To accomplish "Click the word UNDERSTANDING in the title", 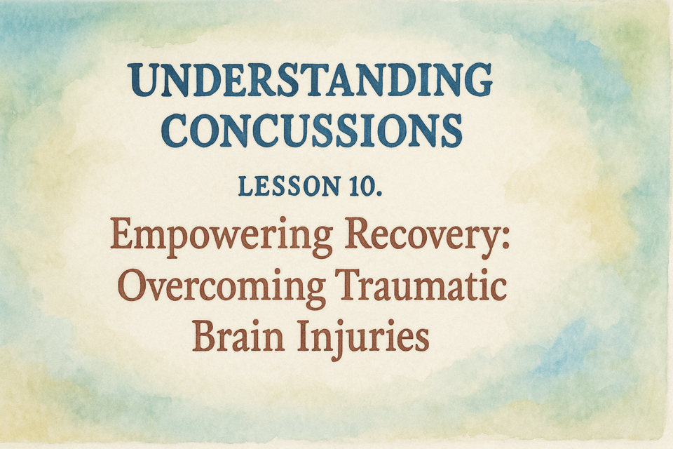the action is tap(310, 80).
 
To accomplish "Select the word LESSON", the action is tap(290, 186).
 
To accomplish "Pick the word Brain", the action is tap(238, 335).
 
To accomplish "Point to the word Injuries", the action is tap(364, 338).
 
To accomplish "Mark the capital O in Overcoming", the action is tap(132, 286).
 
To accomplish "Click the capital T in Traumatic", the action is tap(353, 286).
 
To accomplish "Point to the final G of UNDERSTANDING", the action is tap(477, 81).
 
